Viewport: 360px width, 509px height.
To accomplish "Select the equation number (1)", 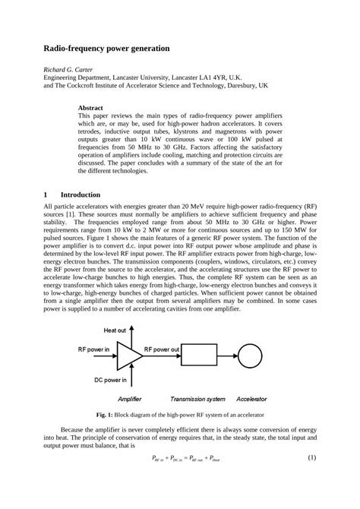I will [311, 459].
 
